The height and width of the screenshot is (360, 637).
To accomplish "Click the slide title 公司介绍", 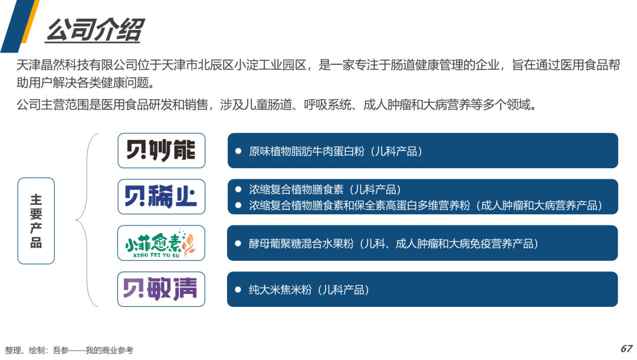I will tap(94, 30).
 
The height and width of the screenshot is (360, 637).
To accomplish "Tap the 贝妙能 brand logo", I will tap(161, 150).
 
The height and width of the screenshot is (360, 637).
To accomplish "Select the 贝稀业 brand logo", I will tap(161, 197).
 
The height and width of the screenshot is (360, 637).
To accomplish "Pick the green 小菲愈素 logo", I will tap(161, 243).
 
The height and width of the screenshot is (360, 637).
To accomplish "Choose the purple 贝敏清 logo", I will tap(161, 289).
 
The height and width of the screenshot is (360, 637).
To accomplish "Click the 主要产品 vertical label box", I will tap(36, 220).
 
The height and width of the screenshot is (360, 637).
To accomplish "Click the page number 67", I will tap(626, 349).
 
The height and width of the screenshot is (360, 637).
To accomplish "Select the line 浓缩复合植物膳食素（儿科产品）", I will tap(325, 190).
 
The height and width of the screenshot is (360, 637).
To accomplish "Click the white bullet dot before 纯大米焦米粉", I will tap(238, 290).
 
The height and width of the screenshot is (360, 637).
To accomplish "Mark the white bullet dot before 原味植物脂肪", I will tap(238, 151).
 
